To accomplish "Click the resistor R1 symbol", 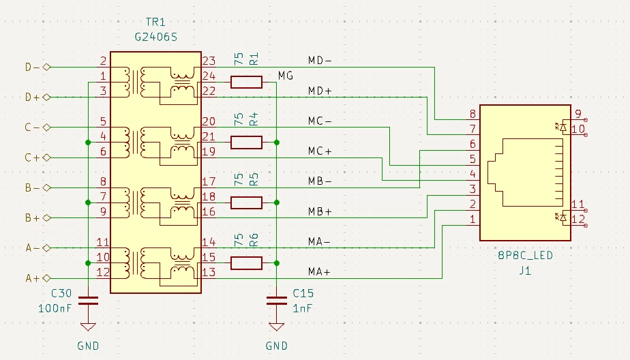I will pyautogui.click(x=246, y=82).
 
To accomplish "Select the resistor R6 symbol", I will pyautogui.click(x=246, y=262).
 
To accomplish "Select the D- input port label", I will pyautogui.click(x=33, y=67).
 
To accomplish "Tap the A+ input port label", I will pyautogui.click(x=33, y=278).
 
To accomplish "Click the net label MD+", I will pyautogui.click(x=319, y=91).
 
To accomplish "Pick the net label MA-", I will pyautogui.click(x=319, y=241).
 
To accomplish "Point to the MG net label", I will pyautogui.click(x=286, y=76).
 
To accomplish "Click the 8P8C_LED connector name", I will pyautogui.click(x=524, y=256).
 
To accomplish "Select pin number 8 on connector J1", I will pyautogui.click(x=472, y=114).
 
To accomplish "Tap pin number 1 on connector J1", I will pyautogui.click(x=472, y=219).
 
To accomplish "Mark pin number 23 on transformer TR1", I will pyautogui.click(x=208, y=61).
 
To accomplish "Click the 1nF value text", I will pyautogui.click(x=302, y=308).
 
